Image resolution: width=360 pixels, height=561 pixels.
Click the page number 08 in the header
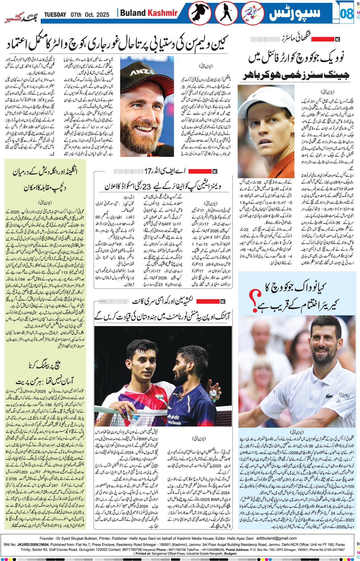tap(346, 13)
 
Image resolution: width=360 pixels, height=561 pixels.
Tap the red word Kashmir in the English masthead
tap(163, 13)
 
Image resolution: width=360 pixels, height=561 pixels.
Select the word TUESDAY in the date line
tap(55, 15)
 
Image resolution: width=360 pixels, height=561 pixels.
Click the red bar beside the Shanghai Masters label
tap(322, 39)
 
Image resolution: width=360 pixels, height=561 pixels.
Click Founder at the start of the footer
tap(47, 539)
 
